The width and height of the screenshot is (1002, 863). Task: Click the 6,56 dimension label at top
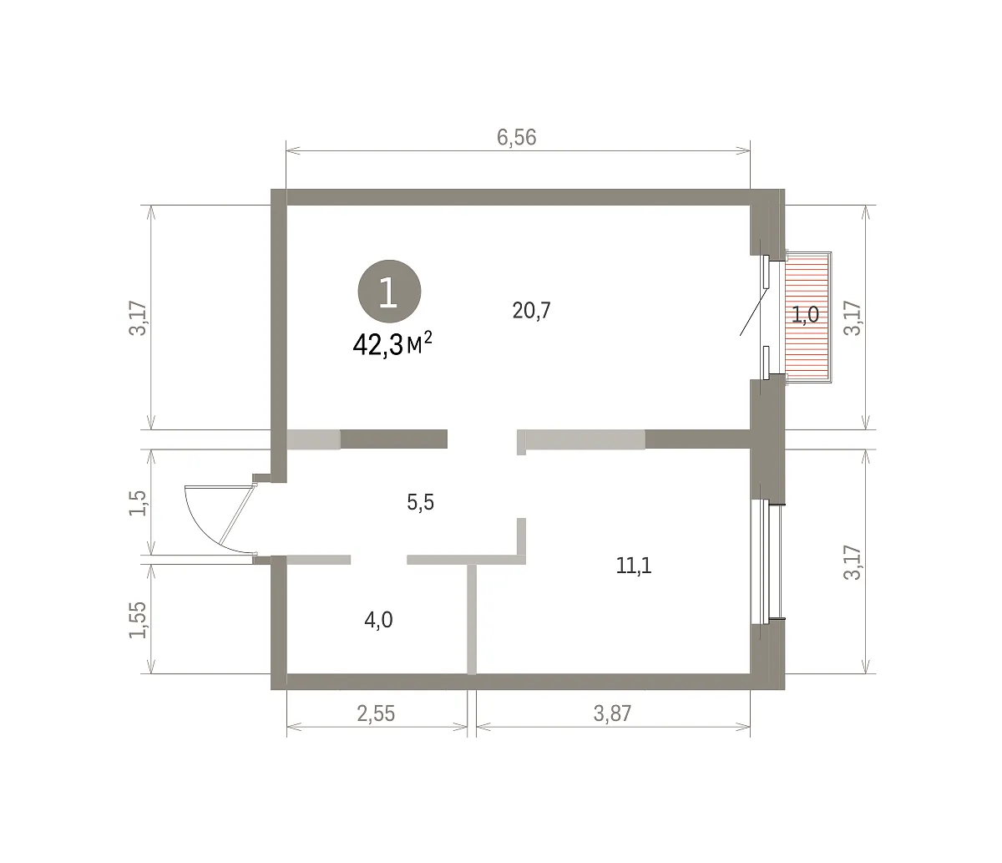pos(516,138)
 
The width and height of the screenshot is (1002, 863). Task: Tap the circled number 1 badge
pos(389,292)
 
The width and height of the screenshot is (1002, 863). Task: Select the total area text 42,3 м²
pos(392,344)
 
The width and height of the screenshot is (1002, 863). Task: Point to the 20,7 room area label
pos(531,311)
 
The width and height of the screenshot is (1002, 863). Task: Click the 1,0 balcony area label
pos(805,315)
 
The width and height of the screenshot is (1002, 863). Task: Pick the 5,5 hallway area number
pos(420,503)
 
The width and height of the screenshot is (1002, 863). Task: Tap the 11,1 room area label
pos(634,566)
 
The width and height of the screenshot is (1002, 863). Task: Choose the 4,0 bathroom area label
pos(378,620)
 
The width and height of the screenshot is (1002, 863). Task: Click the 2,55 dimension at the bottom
pos(376,713)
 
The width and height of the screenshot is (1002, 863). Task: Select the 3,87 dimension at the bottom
pos(612,713)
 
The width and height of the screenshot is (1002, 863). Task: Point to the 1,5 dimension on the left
pos(138,503)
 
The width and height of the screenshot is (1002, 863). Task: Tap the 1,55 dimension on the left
pos(138,620)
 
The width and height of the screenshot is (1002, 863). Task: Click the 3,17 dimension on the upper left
pos(138,318)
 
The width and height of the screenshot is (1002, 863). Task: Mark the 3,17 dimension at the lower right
pos(853,563)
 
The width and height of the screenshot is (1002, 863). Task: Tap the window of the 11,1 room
pos(767,561)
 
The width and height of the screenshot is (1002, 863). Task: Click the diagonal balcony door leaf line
pos(753,312)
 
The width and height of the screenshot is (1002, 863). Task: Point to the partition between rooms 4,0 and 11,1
pos(472,619)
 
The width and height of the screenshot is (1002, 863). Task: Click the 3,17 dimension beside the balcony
pos(853,318)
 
